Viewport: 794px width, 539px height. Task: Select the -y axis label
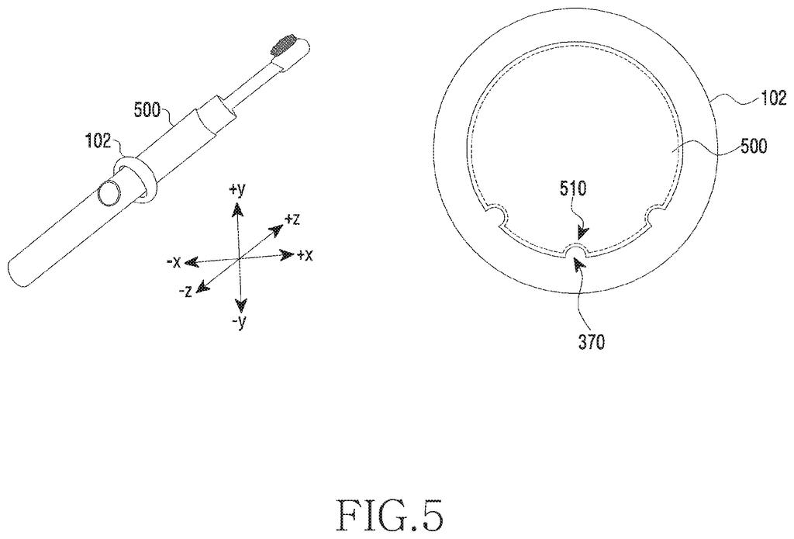click(x=240, y=321)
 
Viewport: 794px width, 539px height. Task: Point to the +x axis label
click(x=306, y=255)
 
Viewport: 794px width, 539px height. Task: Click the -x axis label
click(x=173, y=261)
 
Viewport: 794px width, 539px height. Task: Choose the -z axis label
click(x=185, y=292)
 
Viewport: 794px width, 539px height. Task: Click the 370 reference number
click(x=591, y=343)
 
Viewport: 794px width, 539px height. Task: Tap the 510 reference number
click(x=573, y=189)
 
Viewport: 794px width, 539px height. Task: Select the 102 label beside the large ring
click(x=774, y=97)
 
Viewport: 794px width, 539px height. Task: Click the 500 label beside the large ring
click(x=754, y=147)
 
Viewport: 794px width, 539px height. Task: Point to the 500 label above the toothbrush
click(x=147, y=110)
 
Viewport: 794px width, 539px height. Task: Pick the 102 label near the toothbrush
click(x=98, y=141)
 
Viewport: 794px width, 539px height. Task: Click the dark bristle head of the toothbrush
click(x=285, y=44)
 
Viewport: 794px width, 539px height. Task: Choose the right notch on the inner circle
click(x=655, y=216)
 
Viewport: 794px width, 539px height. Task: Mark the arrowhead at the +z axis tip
click(x=276, y=230)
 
